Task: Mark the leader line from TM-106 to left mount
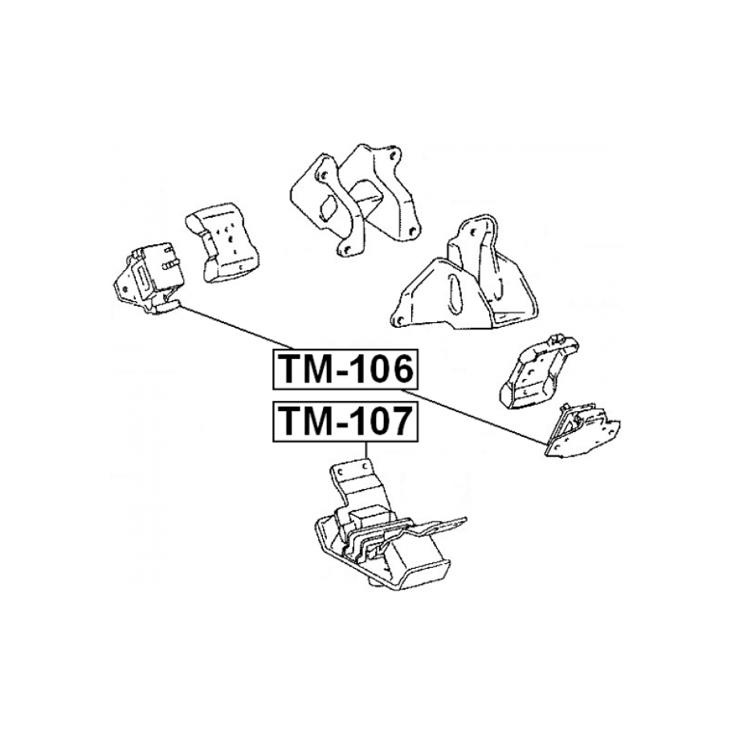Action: pos(233,331)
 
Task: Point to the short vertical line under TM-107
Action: pos(366,449)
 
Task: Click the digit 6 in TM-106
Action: pos(399,370)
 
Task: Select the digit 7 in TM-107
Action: pos(399,420)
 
